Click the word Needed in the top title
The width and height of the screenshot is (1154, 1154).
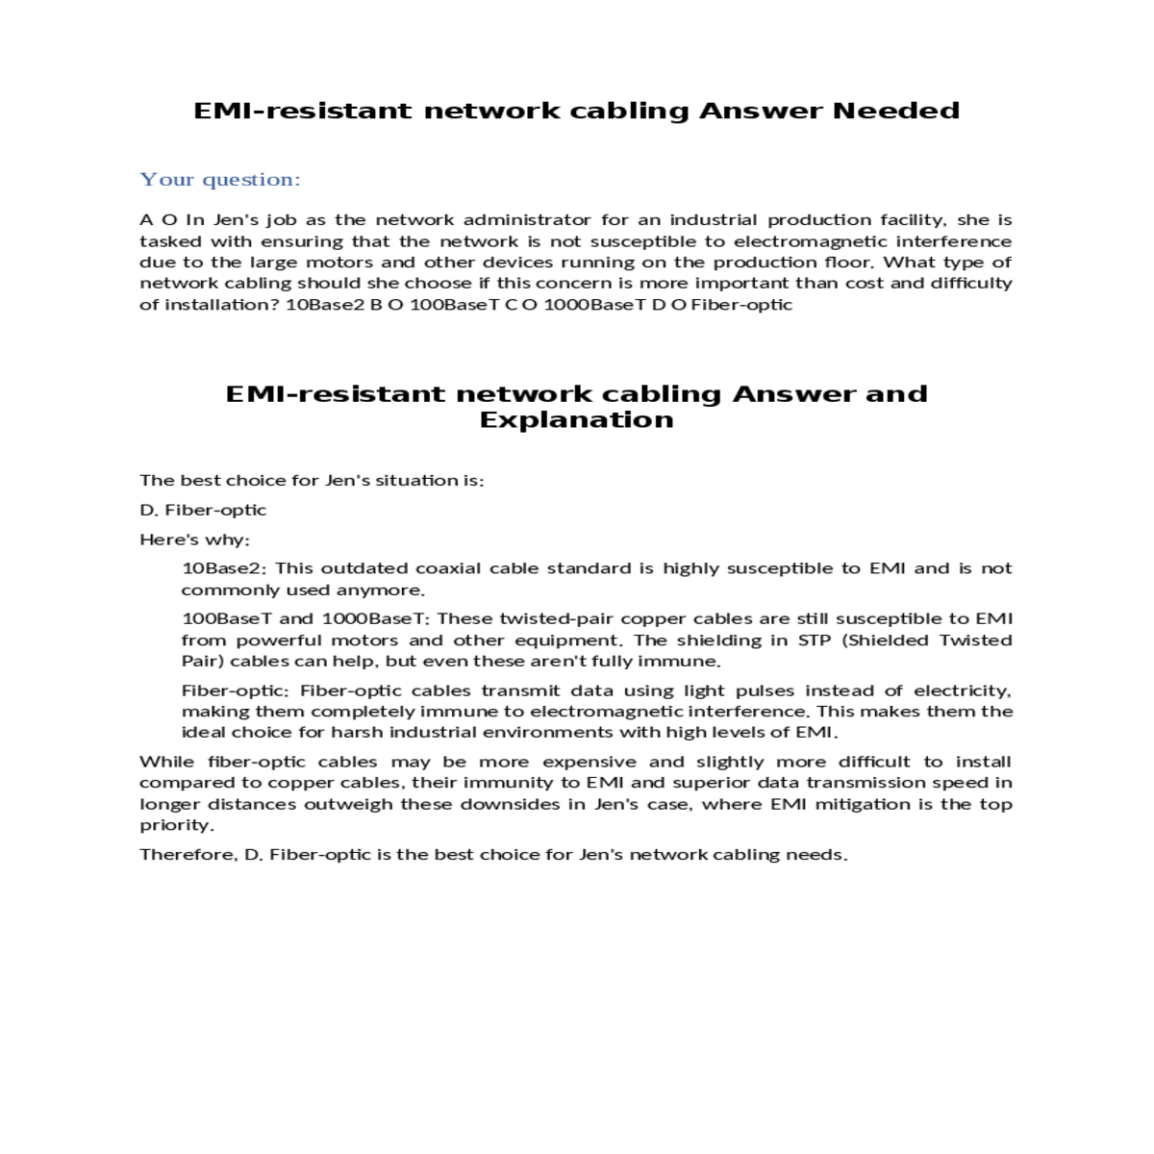tap(895, 111)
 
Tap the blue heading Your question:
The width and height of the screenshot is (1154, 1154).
tap(220, 180)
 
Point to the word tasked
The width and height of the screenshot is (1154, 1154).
tap(169, 241)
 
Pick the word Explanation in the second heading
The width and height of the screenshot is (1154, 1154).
tap(576, 420)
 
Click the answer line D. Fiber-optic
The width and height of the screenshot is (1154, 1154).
tap(203, 510)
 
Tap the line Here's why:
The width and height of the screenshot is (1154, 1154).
tap(194, 539)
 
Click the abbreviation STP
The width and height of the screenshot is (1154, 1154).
tap(815, 640)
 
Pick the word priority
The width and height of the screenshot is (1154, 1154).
tap(176, 825)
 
